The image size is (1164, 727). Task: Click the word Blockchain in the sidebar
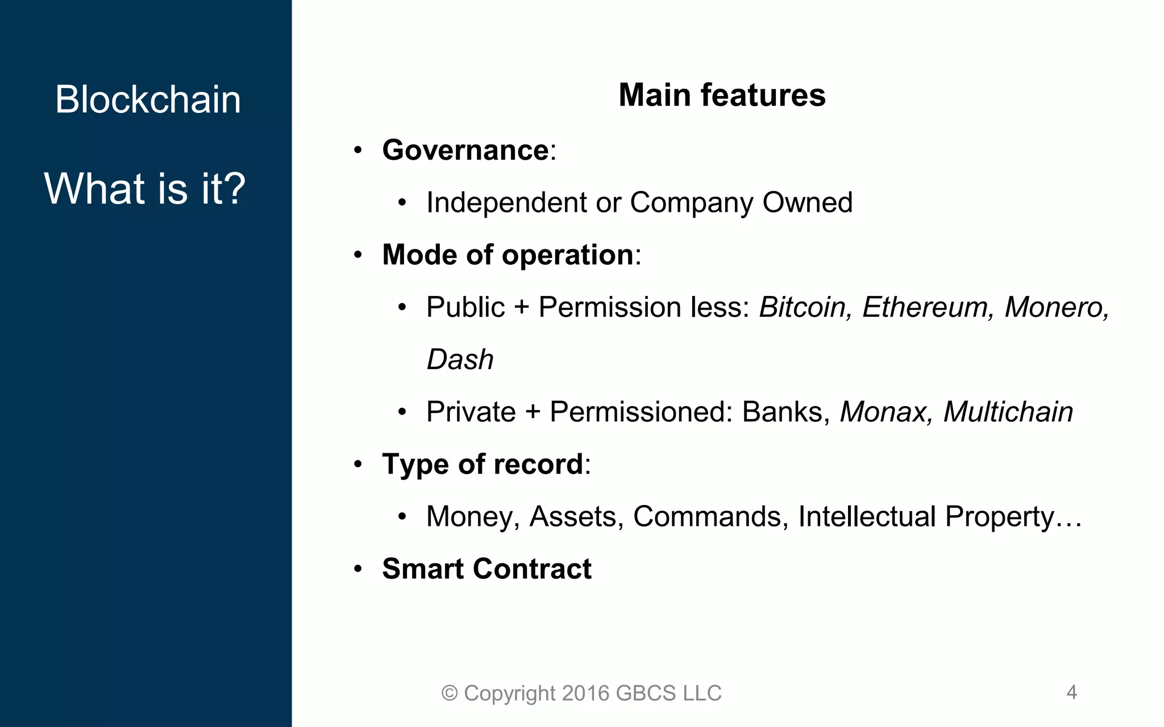point(148,99)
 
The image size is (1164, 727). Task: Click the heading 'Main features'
point(721,95)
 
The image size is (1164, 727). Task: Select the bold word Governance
point(465,151)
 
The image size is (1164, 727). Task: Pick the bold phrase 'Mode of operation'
point(508,255)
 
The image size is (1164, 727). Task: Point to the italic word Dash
point(460,360)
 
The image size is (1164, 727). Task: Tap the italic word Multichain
point(1008,412)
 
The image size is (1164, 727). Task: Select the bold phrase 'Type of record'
point(483,465)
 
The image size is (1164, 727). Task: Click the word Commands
point(710,517)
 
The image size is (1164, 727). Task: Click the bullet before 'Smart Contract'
point(357,569)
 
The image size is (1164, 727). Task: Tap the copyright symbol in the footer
point(450,693)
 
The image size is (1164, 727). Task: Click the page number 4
point(1071,692)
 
